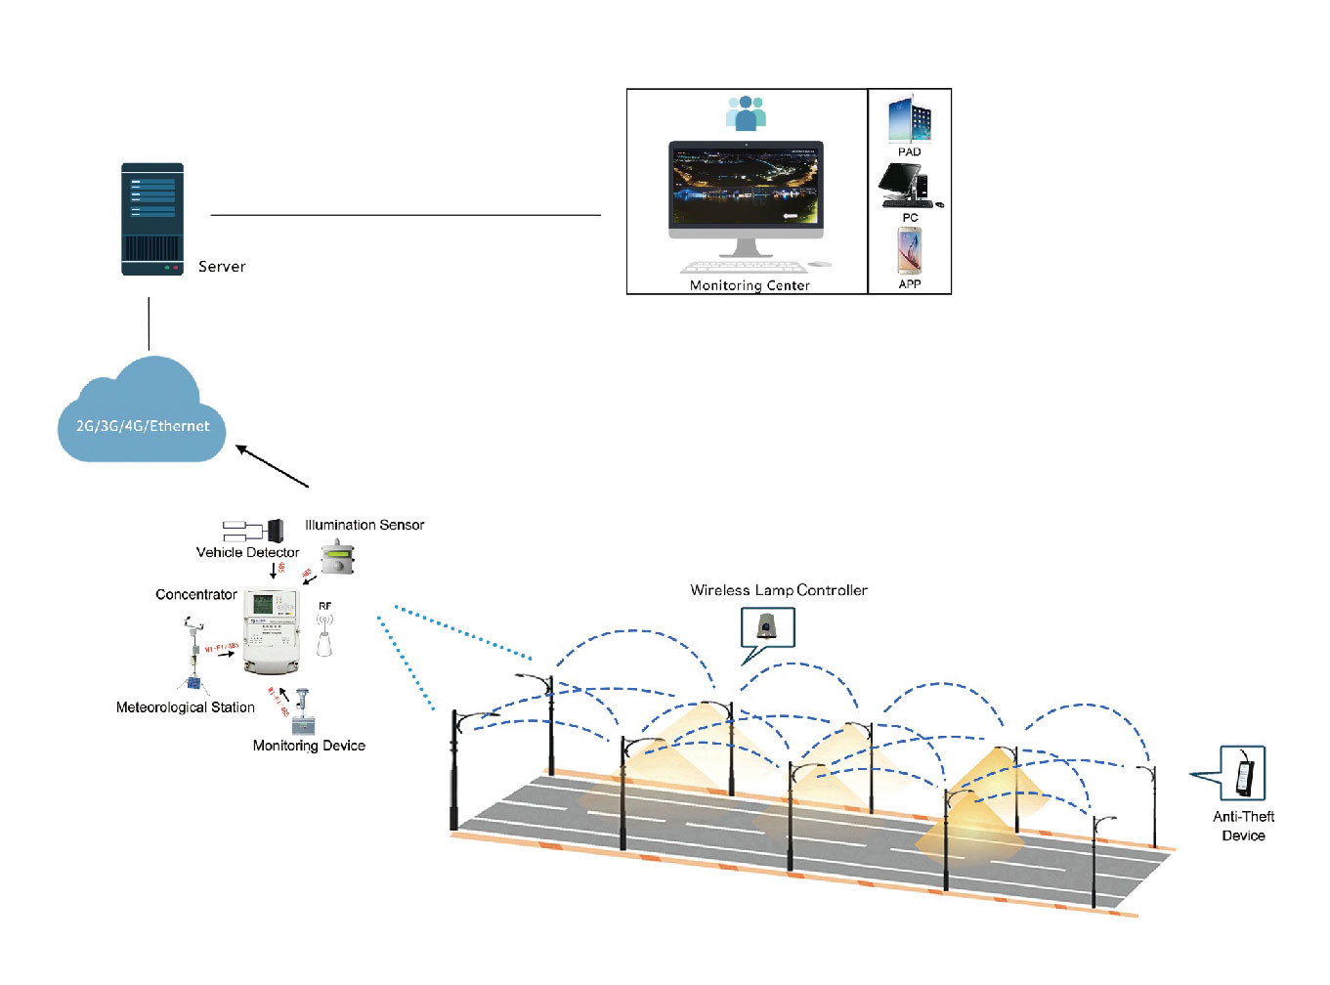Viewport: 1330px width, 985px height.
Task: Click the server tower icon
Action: point(152,219)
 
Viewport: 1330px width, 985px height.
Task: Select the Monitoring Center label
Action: point(750,285)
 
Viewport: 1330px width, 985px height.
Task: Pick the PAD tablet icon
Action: point(909,119)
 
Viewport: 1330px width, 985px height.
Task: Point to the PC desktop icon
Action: point(909,185)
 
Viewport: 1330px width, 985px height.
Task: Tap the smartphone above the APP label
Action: point(909,250)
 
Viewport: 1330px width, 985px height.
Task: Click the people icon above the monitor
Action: point(746,112)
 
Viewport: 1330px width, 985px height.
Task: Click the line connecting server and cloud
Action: point(149,323)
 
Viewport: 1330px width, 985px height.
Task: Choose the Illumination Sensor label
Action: point(365,525)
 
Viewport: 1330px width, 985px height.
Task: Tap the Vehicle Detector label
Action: point(247,552)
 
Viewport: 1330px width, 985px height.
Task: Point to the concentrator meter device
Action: point(271,631)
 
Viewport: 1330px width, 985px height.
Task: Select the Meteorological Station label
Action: point(185,707)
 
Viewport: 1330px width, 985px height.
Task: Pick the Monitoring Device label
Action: point(309,746)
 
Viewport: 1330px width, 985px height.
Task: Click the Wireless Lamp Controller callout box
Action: point(768,626)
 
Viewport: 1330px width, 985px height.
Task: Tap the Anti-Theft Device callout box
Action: point(1243,773)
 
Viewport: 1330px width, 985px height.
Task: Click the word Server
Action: point(222,267)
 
